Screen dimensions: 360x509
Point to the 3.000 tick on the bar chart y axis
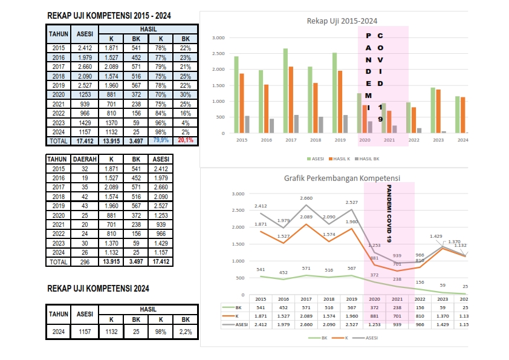(218, 38)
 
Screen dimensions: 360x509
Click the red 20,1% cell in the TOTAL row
(185, 140)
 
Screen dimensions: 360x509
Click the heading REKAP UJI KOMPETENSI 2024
(98, 289)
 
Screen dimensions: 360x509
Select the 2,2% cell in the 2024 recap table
(185, 332)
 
